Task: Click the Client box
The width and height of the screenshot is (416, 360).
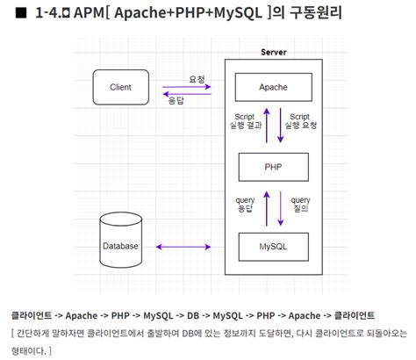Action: point(121,86)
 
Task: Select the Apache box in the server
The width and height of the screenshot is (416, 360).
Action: point(273,87)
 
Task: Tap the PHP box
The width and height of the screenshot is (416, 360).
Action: point(273,166)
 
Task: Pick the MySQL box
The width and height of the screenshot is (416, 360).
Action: point(273,246)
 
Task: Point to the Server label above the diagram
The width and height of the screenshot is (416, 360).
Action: point(274,53)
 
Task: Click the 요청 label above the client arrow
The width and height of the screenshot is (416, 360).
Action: point(197,79)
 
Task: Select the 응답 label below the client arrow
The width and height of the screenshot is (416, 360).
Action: point(176,102)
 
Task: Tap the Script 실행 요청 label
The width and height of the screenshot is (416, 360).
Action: point(300,122)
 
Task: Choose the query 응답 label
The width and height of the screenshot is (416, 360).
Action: point(246,205)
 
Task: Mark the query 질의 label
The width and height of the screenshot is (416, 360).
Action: point(300,205)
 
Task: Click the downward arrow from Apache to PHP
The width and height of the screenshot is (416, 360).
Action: point(281,126)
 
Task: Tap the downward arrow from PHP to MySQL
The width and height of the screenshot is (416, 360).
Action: point(281,206)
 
